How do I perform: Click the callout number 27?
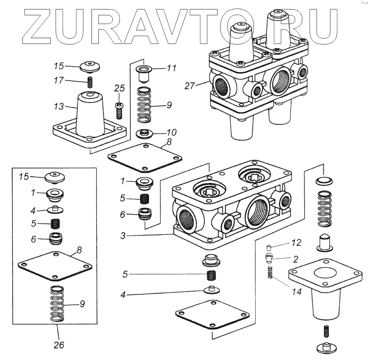190,86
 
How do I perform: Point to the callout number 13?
59,107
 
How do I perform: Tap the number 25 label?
119,89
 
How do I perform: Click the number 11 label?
171,68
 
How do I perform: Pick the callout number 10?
171,133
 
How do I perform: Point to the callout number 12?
296,243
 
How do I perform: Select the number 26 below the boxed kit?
59,345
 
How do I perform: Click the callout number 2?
296,259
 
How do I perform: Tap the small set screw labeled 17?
90,81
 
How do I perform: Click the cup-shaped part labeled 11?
143,73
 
